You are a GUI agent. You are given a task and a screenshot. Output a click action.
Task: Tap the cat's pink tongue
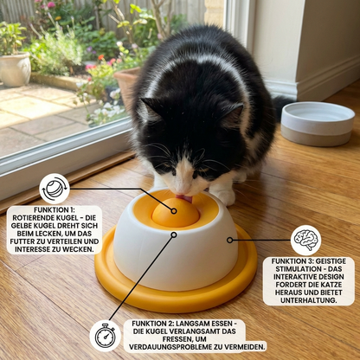185,199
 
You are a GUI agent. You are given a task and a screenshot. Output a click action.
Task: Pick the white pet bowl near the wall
317,123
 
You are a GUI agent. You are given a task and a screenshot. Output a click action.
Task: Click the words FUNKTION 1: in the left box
54,210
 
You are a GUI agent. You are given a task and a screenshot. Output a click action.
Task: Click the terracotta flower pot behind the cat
127,87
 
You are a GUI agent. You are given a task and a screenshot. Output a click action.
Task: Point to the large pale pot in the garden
15,68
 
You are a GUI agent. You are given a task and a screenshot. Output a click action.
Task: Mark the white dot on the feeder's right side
229,240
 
